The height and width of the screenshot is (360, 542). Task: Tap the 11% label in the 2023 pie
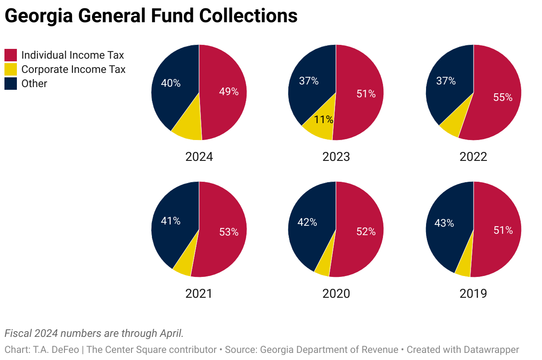323,120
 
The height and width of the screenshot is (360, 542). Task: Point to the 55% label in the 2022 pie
503,97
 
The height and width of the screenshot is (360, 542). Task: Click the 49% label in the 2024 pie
229,92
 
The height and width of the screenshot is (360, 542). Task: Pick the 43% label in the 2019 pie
444,223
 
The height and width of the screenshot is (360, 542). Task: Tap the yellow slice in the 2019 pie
463,268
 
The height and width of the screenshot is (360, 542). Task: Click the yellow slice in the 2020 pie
323,268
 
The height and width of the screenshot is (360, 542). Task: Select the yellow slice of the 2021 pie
183,266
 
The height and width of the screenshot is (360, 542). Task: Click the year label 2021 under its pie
199,294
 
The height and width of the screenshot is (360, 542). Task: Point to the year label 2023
336,157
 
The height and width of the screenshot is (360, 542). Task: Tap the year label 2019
473,294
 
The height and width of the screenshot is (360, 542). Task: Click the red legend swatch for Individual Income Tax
11,55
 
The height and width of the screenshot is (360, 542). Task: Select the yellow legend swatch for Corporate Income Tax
11,69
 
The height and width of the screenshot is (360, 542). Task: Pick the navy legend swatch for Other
11,84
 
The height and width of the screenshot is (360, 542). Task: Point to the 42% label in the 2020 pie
307,223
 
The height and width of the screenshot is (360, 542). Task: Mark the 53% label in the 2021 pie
229,232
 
